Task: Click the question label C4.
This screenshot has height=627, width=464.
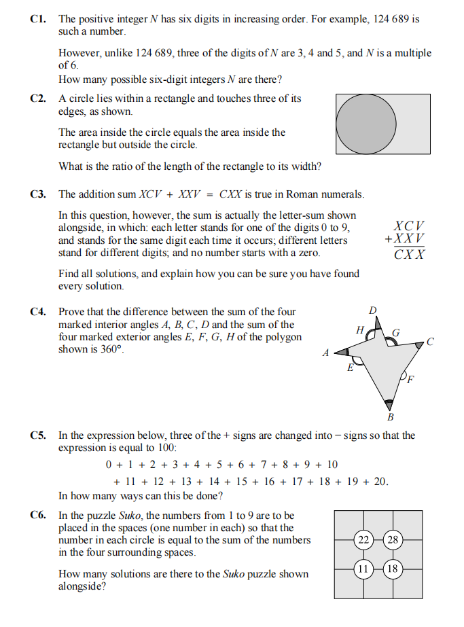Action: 38,312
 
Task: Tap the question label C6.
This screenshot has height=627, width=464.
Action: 38,516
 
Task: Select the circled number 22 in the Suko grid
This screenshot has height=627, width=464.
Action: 364,541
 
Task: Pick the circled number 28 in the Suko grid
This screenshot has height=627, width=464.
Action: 392,541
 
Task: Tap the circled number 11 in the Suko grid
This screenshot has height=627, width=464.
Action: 364,569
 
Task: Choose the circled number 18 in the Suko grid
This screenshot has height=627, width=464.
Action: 392,569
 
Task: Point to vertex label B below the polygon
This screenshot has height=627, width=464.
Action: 390,416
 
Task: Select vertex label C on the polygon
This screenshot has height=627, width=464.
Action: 430,342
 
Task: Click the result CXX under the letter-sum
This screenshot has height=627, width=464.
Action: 410,254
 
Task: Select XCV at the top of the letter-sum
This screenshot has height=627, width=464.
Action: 410,226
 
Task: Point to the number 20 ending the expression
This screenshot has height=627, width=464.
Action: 380,482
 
